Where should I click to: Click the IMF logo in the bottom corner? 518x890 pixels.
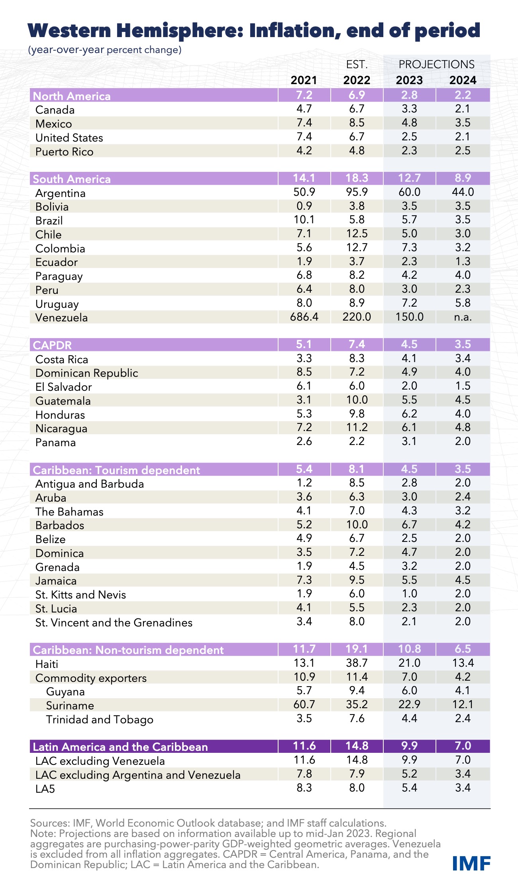pyautogui.click(x=471, y=863)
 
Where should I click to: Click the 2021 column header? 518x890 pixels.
pyautogui.click(x=304, y=80)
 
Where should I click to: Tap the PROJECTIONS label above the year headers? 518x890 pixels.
pyautogui.click(x=436, y=64)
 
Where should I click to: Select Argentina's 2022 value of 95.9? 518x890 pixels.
pyautogui.click(x=357, y=192)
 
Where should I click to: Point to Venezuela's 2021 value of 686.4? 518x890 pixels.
pyautogui.click(x=304, y=317)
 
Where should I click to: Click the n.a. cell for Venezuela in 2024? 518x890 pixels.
pyautogui.click(x=462, y=317)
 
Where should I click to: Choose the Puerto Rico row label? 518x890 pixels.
pyautogui.click(x=64, y=152)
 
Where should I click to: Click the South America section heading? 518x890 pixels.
pyautogui.click(x=72, y=179)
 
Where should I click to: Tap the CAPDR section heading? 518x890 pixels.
pyautogui.click(x=52, y=345)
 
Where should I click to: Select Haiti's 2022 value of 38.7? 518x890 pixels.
pyautogui.click(x=357, y=663)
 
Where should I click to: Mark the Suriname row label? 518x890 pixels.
pyautogui.click(x=70, y=705)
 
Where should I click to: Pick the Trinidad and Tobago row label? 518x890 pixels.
pyautogui.click(x=100, y=719)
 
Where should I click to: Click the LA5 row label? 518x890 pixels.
pyautogui.click(x=45, y=788)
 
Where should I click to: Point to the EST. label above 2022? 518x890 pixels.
pyautogui.click(x=357, y=64)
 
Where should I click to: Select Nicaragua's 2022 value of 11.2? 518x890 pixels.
pyautogui.click(x=357, y=427)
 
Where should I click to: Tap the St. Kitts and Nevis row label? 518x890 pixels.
pyautogui.click(x=80, y=595)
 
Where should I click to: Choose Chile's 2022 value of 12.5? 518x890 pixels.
pyautogui.click(x=357, y=234)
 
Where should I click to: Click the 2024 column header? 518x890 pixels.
pyautogui.click(x=463, y=80)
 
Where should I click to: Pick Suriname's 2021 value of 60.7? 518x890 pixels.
pyautogui.click(x=304, y=705)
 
